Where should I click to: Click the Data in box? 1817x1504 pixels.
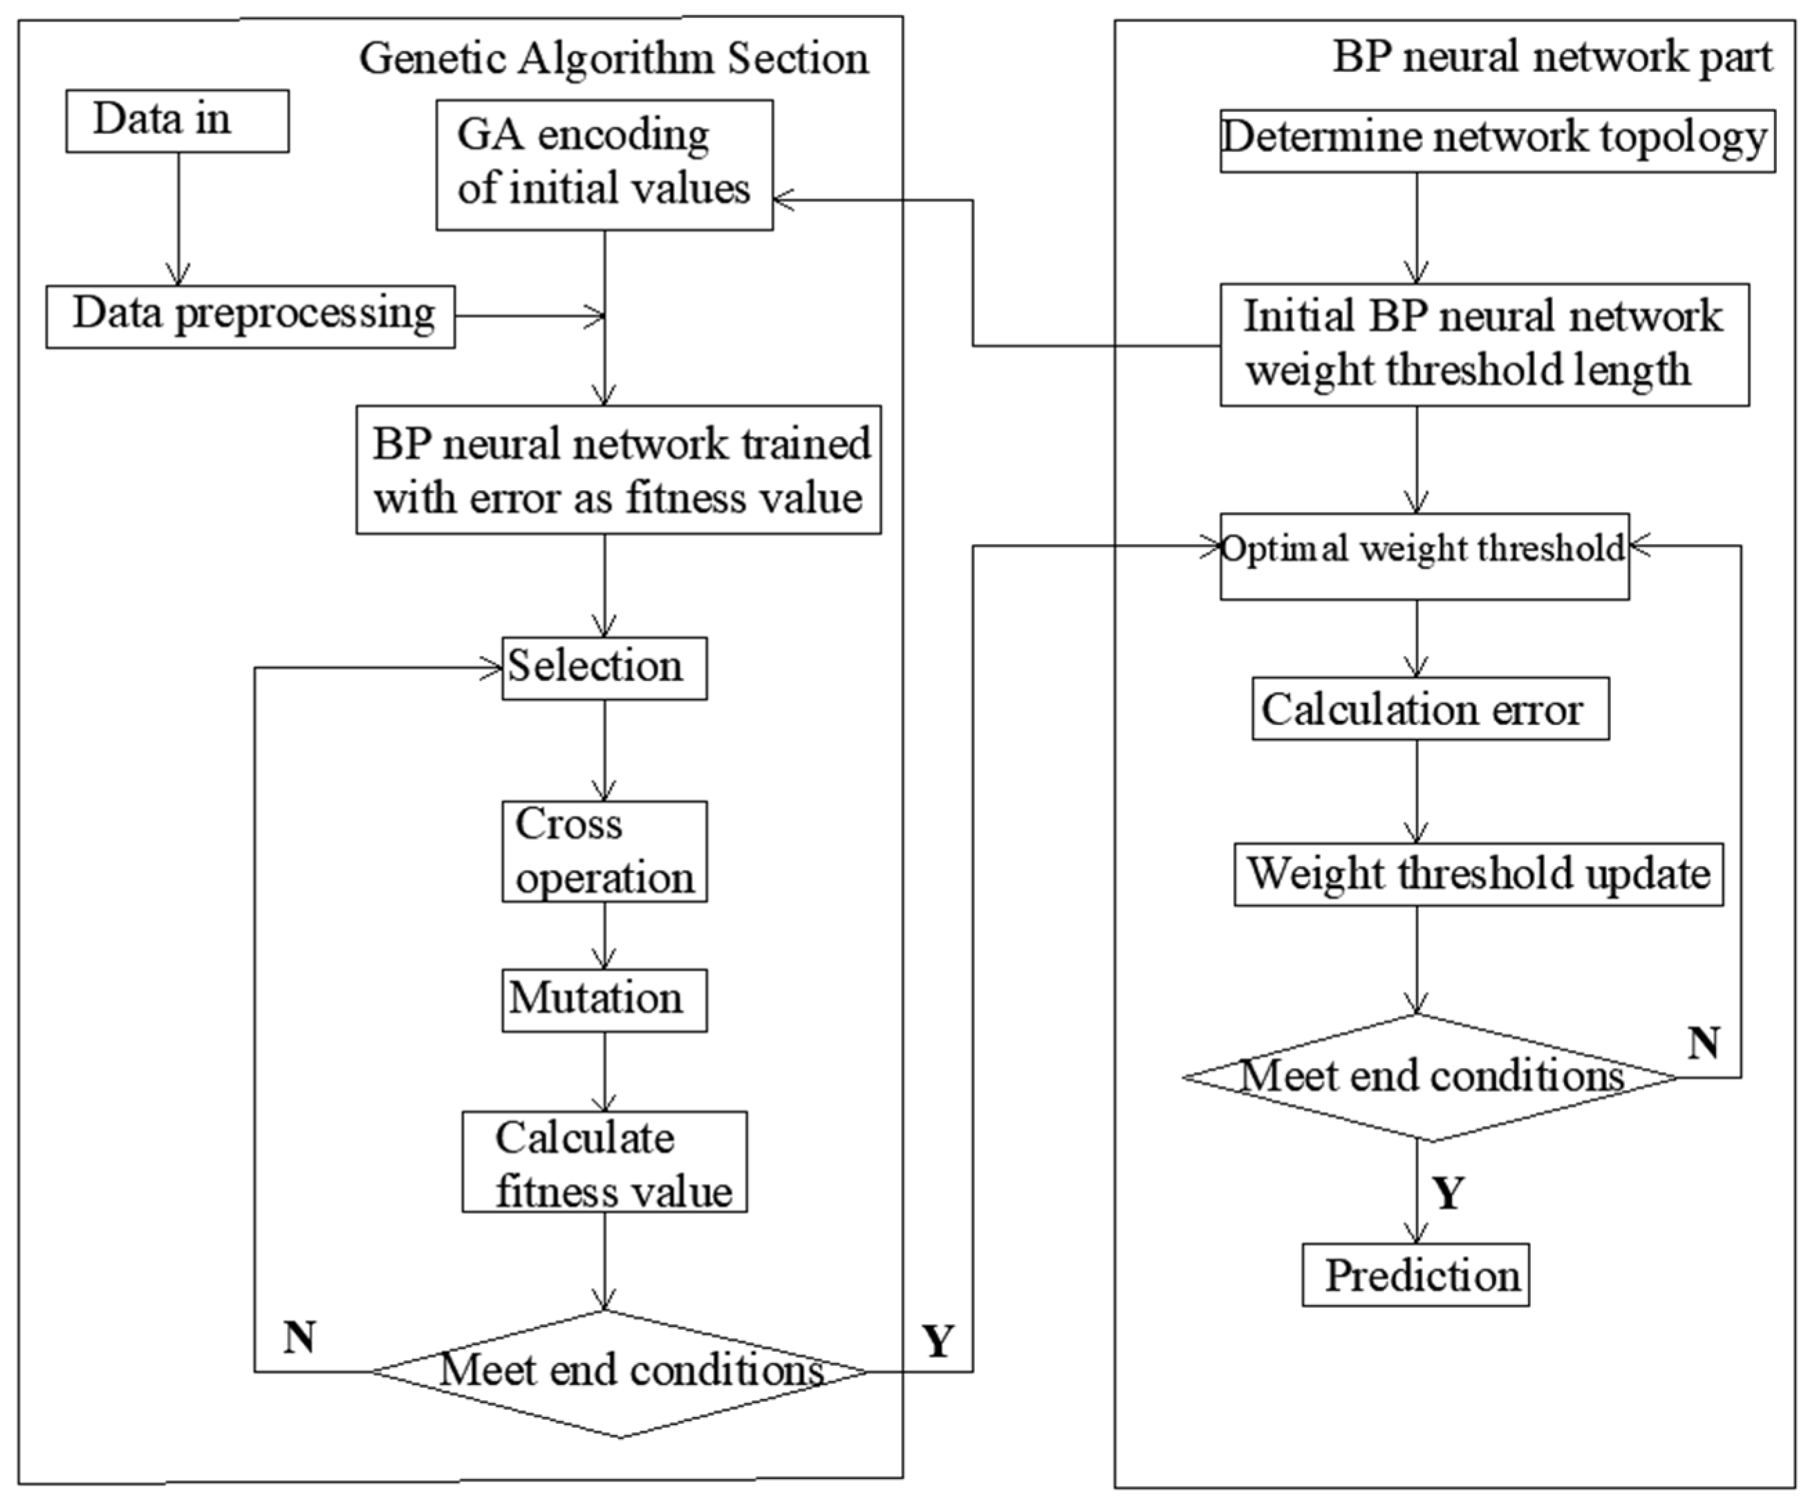[x=178, y=121]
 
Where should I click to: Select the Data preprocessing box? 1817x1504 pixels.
[x=250, y=317]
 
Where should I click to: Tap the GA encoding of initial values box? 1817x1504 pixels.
[x=604, y=164]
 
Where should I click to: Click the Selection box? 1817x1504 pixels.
[x=604, y=668]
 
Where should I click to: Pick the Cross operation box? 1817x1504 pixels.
[x=604, y=851]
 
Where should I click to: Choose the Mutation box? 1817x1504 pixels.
[x=604, y=999]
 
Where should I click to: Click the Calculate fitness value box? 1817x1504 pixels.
[x=604, y=1161]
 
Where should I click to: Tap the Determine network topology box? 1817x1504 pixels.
[x=1497, y=140]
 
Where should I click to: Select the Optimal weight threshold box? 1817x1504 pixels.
[x=1424, y=556]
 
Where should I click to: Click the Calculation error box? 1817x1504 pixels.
[x=1431, y=708]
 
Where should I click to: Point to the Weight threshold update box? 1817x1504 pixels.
[x=1478, y=874]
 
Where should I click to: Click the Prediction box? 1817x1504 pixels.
[x=1415, y=1275]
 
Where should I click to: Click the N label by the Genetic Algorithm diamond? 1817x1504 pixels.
[x=299, y=1338]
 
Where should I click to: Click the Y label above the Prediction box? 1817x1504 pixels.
[x=1448, y=1194]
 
